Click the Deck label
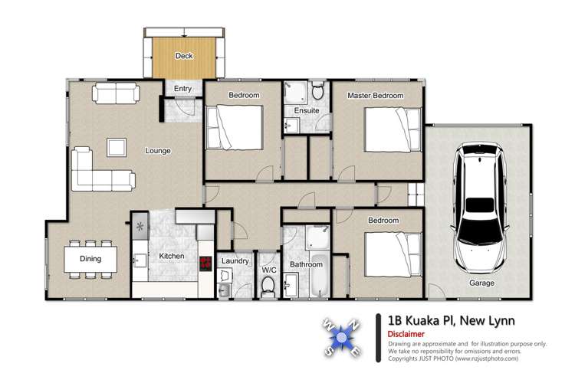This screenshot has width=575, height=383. click(x=183, y=56)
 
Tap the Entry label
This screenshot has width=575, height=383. click(x=182, y=89)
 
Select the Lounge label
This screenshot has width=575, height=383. click(x=158, y=151)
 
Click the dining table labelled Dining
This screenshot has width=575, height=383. click(x=90, y=258)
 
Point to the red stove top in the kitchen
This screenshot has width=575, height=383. click(x=205, y=263)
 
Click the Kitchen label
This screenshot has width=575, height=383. click(x=172, y=256)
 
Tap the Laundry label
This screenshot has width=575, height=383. click(x=235, y=260)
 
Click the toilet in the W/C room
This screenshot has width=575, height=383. click(x=268, y=286)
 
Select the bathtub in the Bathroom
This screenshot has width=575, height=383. click(x=318, y=285)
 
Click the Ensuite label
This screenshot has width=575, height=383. click(x=307, y=110)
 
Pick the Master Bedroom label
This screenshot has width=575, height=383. click(x=375, y=95)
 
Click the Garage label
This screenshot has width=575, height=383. click(x=482, y=283)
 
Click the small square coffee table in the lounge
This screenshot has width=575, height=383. click(x=117, y=146)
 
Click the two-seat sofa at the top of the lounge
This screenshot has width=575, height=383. click(x=116, y=95)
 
